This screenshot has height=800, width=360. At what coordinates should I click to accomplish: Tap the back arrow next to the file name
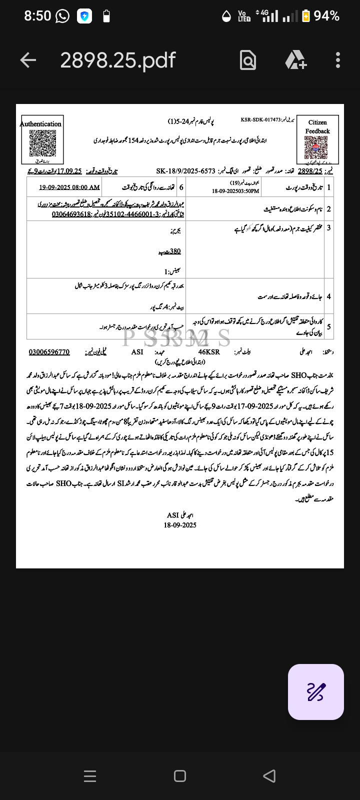(x=28, y=60)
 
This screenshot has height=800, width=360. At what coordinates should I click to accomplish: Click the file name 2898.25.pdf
(x=117, y=60)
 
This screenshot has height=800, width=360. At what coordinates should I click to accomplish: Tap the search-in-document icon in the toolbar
(x=248, y=60)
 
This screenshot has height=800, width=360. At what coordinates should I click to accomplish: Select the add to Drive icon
(x=295, y=60)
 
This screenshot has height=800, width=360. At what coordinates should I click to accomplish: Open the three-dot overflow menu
(x=338, y=60)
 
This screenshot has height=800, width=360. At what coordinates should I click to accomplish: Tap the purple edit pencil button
(x=315, y=692)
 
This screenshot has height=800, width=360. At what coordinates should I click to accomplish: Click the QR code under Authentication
(x=42, y=143)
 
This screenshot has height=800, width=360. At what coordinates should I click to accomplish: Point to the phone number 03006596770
(x=49, y=352)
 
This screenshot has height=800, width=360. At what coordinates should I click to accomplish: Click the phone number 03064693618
(x=71, y=214)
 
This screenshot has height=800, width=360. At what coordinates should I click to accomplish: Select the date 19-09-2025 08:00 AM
(x=69, y=187)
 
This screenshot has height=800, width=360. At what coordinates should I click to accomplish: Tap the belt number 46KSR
(x=209, y=352)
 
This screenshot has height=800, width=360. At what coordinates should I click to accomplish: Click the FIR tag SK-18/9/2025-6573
(x=185, y=171)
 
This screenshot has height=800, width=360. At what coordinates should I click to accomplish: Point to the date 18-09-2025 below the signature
(x=180, y=525)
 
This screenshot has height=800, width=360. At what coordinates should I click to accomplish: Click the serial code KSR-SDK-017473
(x=260, y=120)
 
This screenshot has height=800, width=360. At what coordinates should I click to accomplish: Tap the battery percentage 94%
(x=326, y=16)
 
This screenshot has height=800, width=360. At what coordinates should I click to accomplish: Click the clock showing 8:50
(x=37, y=16)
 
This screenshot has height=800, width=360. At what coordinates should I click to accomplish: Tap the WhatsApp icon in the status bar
(x=62, y=16)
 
